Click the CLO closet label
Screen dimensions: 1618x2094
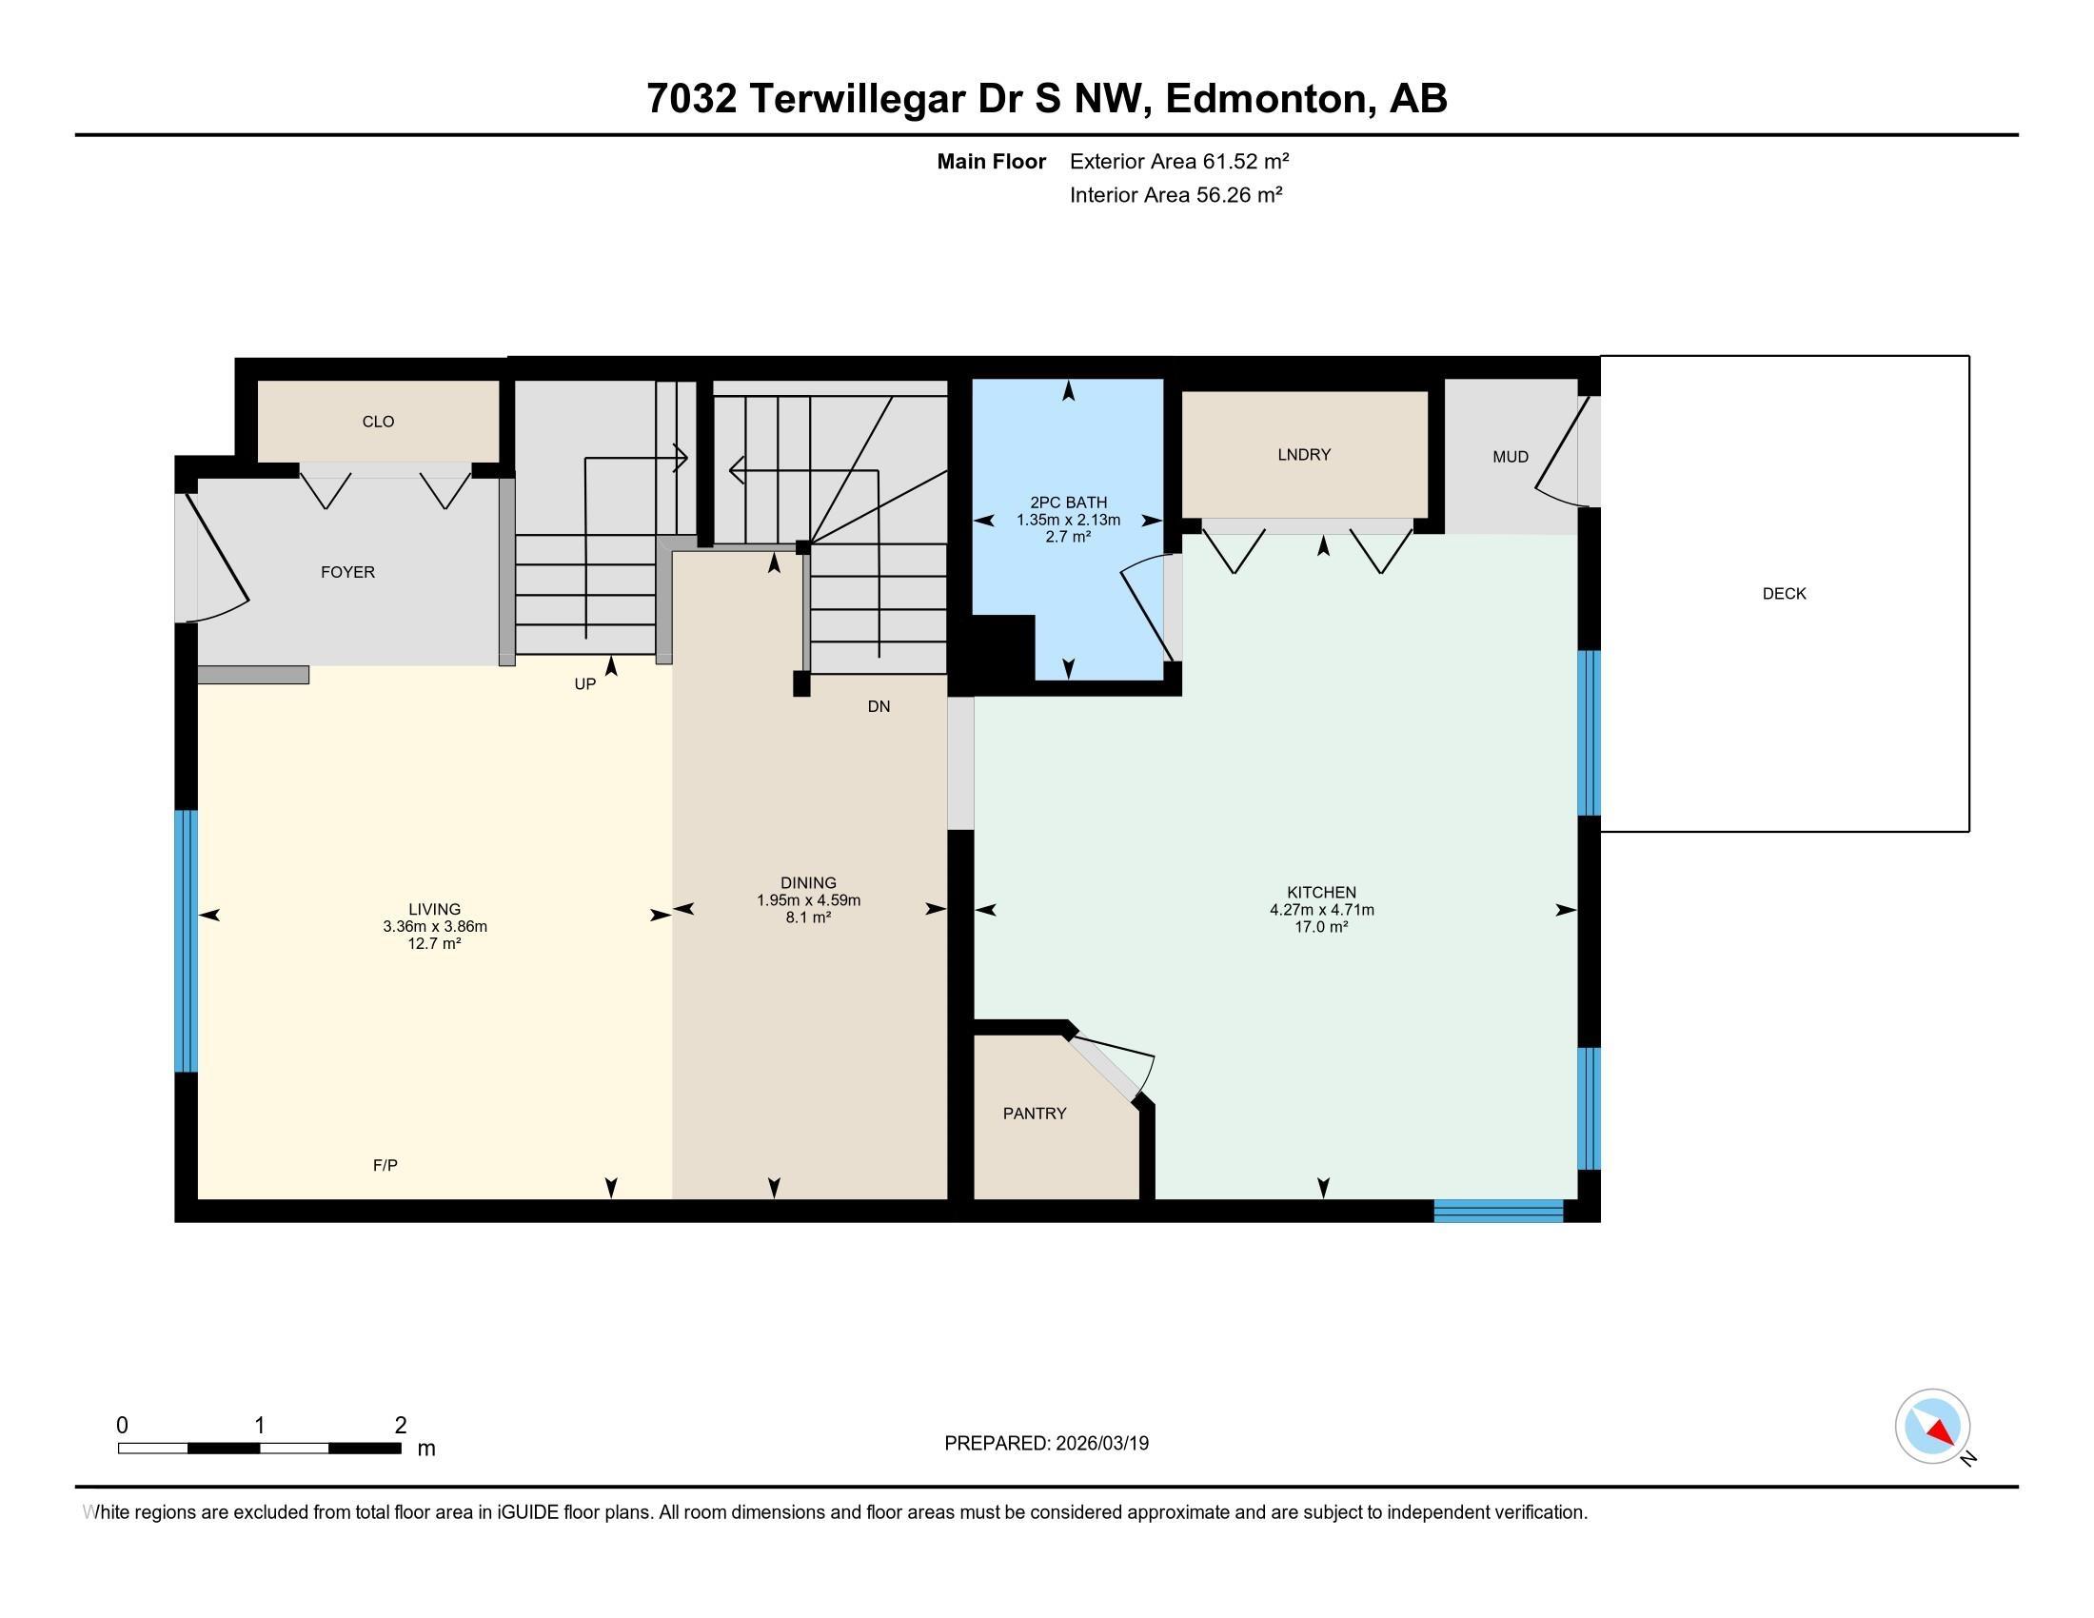pyautogui.click(x=378, y=422)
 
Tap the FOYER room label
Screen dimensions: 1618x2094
pyautogui.click(x=347, y=572)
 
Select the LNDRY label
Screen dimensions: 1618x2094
pyautogui.click(x=1304, y=454)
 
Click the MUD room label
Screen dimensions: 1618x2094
pyautogui.click(x=1511, y=457)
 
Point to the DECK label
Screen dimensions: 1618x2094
pyautogui.click(x=1784, y=593)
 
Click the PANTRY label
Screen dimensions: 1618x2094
pyautogui.click(x=1035, y=1113)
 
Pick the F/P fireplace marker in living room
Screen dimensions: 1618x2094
pyautogui.click(x=385, y=1165)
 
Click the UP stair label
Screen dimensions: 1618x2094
pyautogui.click(x=584, y=683)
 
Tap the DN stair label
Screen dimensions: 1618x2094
pyautogui.click(x=879, y=706)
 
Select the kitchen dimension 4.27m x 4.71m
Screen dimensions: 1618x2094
pyautogui.click(x=1321, y=910)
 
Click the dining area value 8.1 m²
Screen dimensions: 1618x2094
pyautogui.click(x=808, y=918)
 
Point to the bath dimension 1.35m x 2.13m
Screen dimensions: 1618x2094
pyautogui.click(x=1068, y=520)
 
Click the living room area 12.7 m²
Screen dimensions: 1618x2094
pyautogui.click(x=434, y=943)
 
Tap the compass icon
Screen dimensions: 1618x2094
pyautogui.click(x=1932, y=1426)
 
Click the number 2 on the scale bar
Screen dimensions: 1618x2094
pyautogui.click(x=401, y=1425)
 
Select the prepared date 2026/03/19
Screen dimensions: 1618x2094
pyautogui.click(x=1100, y=1444)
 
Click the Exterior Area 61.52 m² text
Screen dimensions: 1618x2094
pyautogui.click(x=1178, y=161)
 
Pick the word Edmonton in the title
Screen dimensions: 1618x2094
pyautogui.click(x=1266, y=99)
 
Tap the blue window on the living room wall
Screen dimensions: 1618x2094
pyautogui.click(x=186, y=940)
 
